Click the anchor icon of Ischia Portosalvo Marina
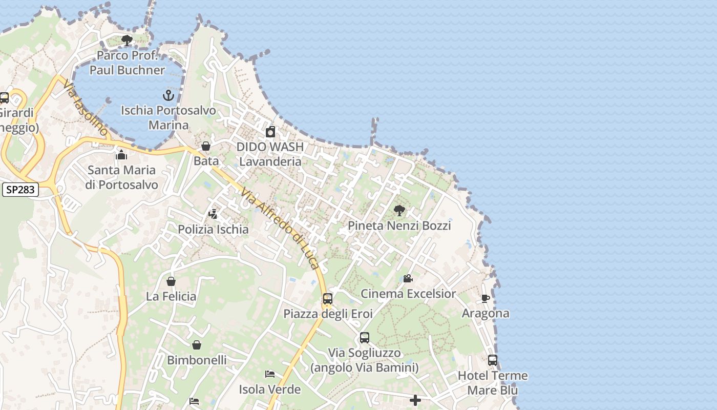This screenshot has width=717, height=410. pyautogui.click(x=168, y=95)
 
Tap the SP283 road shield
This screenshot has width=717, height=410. pyautogui.click(x=20, y=190)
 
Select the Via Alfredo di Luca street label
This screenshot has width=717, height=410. pyautogui.click(x=281, y=230)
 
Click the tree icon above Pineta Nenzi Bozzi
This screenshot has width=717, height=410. pyautogui.click(x=399, y=210)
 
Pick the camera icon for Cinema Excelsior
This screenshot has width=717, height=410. pyautogui.click(x=408, y=278)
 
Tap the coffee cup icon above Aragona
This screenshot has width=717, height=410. pyautogui.click(x=486, y=298)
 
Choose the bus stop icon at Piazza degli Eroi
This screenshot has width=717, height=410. pyautogui.click(x=328, y=298)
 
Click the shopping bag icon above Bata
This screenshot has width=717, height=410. pyautogui.click(x=206, y=146)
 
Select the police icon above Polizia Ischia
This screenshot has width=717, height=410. pyautogui.click(x=213, y=214)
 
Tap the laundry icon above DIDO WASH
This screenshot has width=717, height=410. pyautogui.click(x=270, y=132)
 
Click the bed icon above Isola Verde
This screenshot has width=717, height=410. pyautogui.click(x=270, y=374)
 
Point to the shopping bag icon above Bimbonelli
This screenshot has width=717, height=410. pyautogui.click(x=197, y=345)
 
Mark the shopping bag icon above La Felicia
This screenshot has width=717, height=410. pyautogui.click(x=171, y=281)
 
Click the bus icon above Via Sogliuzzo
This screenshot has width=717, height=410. pyautogui.click(x=365, y=338)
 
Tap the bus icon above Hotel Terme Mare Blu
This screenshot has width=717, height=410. pyautogui.click(x=493, y=360)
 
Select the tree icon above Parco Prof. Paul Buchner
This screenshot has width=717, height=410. pyautogui.click(x=127, y=40)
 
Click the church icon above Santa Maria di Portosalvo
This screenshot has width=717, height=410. pyautogui.click(x=121, y=154)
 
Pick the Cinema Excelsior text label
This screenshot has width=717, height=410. pyautogui.click(x=408, y=294)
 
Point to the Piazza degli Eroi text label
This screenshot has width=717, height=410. pyautogui.click(x=328, y=314)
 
